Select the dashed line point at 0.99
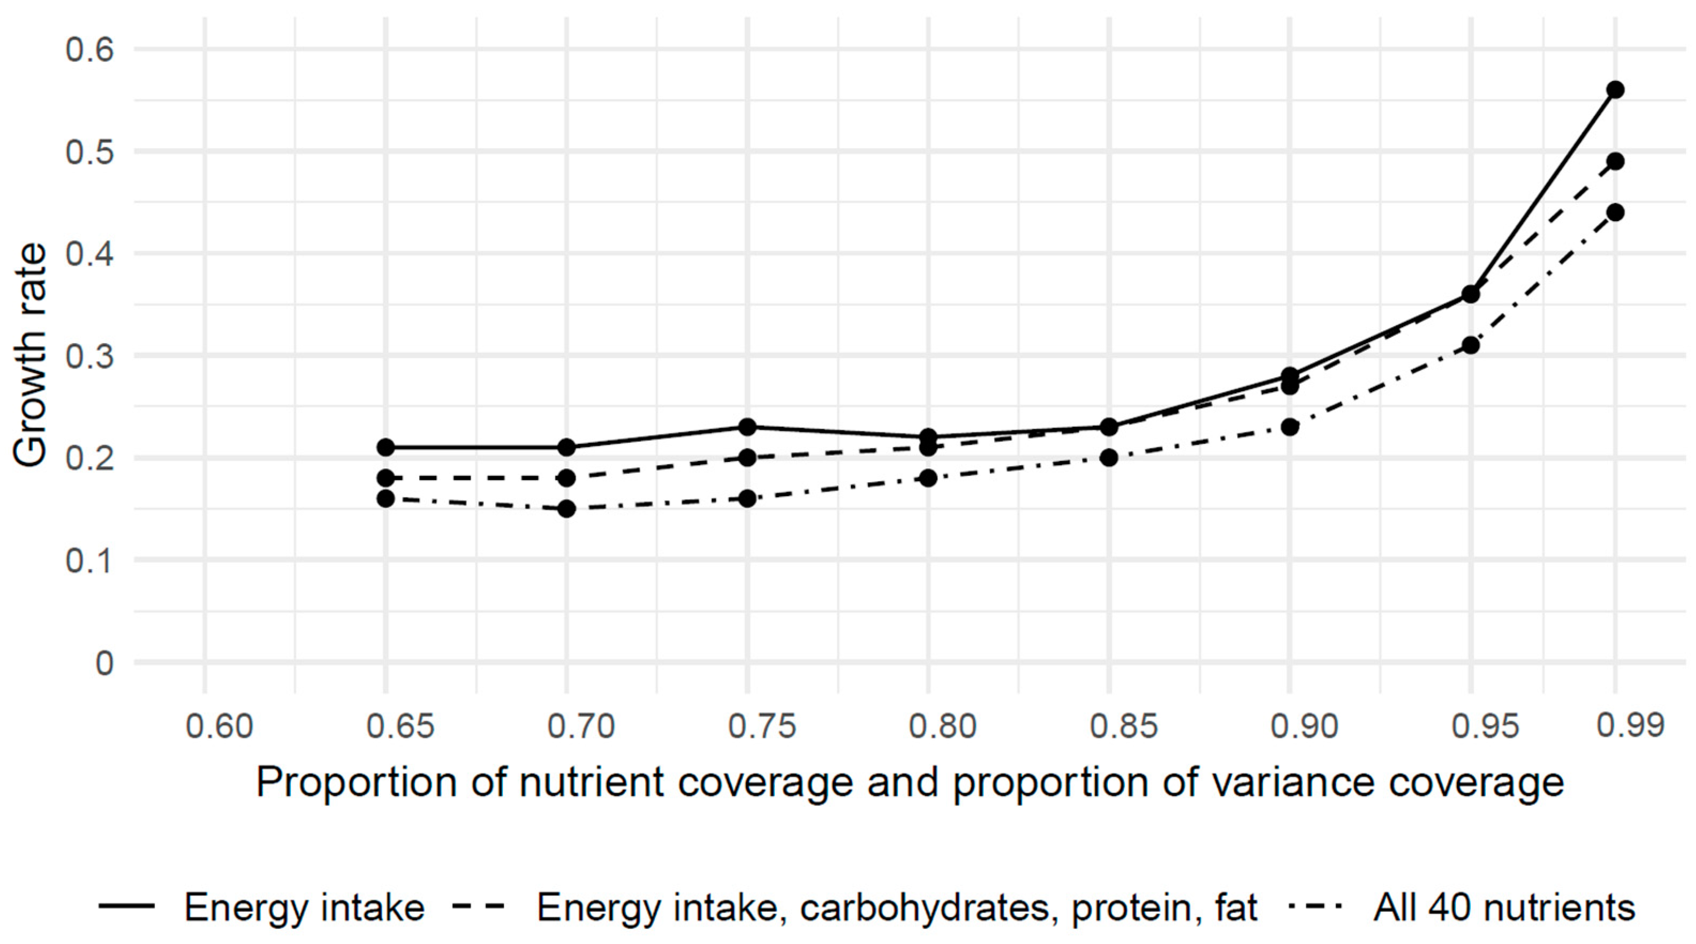tap(1615, 161)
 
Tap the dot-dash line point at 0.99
tap(1615, 212)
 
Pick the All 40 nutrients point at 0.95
tap(1470, 345)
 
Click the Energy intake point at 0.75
tap(747, 427)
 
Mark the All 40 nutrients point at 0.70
tap(566, 509)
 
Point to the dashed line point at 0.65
tap(386, 478)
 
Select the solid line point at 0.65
tap(386, 447)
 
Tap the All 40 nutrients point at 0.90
tap(1290, 427)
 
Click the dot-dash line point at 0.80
tap(928, 478)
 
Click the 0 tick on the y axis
tap(104, 663)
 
